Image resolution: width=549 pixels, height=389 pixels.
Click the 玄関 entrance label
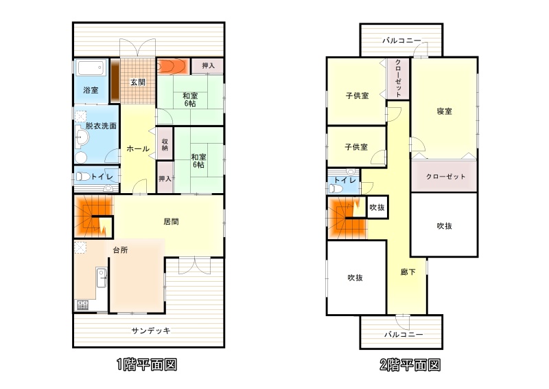pyautogui.click(x=138, y=82)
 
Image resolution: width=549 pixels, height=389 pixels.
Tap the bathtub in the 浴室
pyautogui.click(x=91, y=68)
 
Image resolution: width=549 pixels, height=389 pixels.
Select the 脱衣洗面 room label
pyautogui.click(x=101, y=126)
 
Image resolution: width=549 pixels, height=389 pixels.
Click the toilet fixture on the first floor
pyautogui.click(x=83, y=177)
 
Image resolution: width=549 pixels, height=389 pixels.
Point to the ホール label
pyautogui.click(x=138, y=148)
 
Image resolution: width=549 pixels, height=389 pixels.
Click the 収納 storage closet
pyautogui.click(x=165, y=144)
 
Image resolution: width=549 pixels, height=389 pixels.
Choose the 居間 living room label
pyautogui.click(x=171, y=222)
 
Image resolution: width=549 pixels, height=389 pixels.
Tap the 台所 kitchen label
pyautogui.click(x=121, y=250)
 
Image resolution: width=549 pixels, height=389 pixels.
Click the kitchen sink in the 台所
pyautogui.click(x=102, y=278)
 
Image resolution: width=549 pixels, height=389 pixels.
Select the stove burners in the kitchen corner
pyautogui.click(x=82, y=305)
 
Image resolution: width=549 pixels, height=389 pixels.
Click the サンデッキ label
pyautogui.click(x=151, y=331)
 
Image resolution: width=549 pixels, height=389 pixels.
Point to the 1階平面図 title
pyautogui.click(x=147, y=365)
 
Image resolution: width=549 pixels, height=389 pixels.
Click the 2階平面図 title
pyautogui.click(x=410, y=365)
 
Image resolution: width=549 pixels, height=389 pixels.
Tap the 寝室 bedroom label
pyautogui.click(x=444, y=111)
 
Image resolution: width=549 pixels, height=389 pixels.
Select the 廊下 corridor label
pyautogui.click(x=408, y=272)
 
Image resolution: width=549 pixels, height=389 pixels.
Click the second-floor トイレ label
pyautogui.click(x=344, y=180)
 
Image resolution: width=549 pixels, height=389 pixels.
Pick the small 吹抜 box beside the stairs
pyautogui.click(x=377, y=208)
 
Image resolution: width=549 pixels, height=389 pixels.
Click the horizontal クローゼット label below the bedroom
pyautogui.click(x=445, y=177)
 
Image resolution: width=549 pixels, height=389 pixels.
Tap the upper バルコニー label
pyautogui.click(x=401, y=41)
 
